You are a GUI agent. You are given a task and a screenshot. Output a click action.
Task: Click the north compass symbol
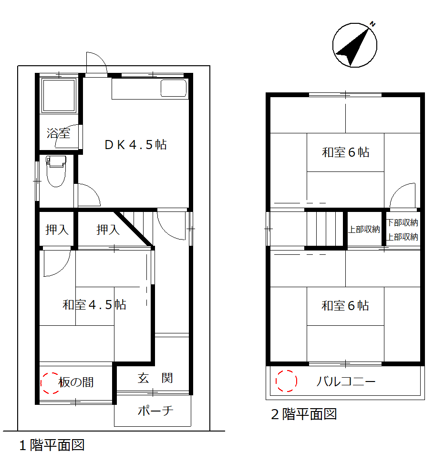[x=355, y=45]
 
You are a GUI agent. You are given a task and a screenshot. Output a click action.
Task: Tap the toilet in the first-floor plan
[x=56, y=171]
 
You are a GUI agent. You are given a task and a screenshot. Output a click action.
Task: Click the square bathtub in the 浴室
[x=59, y=95]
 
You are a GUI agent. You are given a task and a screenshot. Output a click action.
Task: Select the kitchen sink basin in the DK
[x=174, y=88]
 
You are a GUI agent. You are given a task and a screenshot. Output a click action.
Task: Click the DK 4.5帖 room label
[x=136, y=145]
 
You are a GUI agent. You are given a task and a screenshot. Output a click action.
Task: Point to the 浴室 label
[x=58, y=133]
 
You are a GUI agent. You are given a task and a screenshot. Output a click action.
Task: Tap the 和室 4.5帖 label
[x=94, y=305]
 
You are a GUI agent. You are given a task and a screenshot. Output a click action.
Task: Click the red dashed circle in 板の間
[x=51, y=383]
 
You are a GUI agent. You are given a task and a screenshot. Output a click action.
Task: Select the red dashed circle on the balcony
[x=286, y=381]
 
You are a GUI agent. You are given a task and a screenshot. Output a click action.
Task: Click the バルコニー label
[x=346, y=382]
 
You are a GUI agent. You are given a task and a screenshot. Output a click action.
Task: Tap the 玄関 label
[x=155, y=378]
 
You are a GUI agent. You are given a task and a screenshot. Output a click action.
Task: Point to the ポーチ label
[x=155, y=411]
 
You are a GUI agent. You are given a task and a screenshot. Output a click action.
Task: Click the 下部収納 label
[x=403, y=223]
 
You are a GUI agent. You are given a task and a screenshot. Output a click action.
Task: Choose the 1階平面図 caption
[x=52, y=445]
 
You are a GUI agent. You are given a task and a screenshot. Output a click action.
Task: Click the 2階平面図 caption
[x=304, y=414]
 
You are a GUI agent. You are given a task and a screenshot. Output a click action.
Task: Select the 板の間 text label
[x=76, y=382]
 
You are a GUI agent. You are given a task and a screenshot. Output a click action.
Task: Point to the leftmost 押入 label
[x=57, y=230]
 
